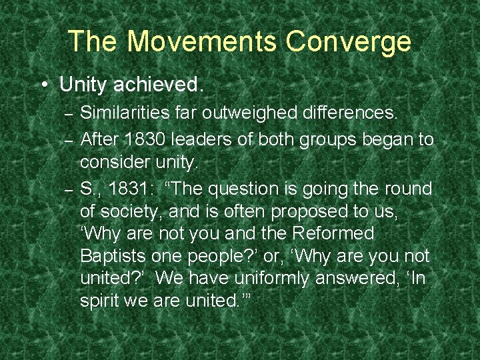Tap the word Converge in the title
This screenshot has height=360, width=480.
[x=349, y=41]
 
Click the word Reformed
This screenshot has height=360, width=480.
[x=335, y=234]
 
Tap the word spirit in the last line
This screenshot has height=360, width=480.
[x=100, y=301]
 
